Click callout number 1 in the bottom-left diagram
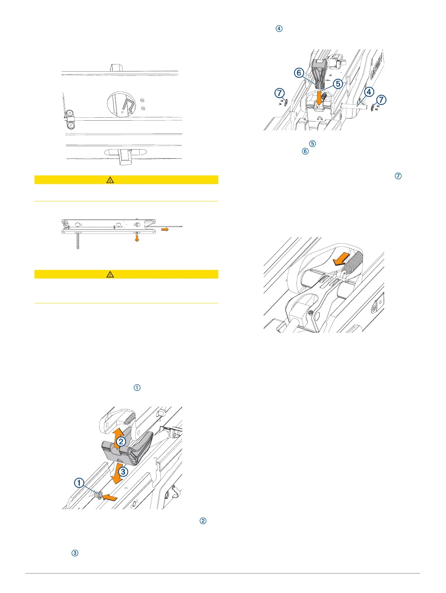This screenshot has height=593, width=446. pyautogui.click(x=79, y=482)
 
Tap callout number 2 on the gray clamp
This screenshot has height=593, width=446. pyautogui.click(x=121, y=441)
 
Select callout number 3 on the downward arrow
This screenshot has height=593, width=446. pyautogui.click(x=122, y=472)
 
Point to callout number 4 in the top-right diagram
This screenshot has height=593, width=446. pyautogui.click(x=369, y=91)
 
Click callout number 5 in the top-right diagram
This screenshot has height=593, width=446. pyautogui.click(x=338, y=84)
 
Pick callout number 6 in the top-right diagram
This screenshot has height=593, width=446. pyautogui.click(x=299, y=72)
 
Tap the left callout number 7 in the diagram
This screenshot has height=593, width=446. pyautogui.click(x=279, y=93)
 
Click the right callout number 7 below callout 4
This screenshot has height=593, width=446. pyautogui.click(x=381, y=100)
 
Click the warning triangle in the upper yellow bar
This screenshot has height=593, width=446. pyautogui.click(x=110, y=180)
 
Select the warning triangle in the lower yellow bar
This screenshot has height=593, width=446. pyautogui.click(x=110, y=274)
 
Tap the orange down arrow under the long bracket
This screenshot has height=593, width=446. pyautogui.click(x=137, y=238)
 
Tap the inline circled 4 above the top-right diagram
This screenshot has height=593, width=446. pyautogui.click(x=279, y=28)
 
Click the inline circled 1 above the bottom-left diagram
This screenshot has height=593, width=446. pyautogui.click(x=137, y=388)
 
